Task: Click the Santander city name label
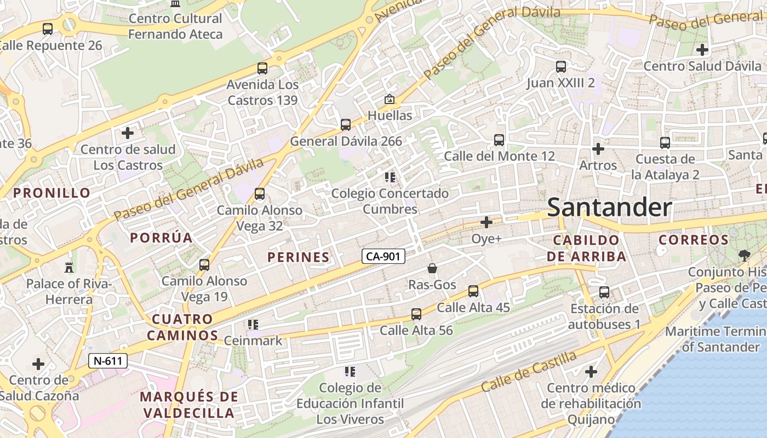[x=609, y=208]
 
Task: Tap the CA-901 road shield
[x=383, y=256]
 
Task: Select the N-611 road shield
[x=108, y=361]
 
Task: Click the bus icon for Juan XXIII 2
[x=561, y=67]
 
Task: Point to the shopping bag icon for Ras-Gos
[x=432, y=268]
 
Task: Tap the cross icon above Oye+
[x=486, y=222]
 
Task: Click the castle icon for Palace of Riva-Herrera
[x=69, y=267]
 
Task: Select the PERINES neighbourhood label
[x=299, y=257]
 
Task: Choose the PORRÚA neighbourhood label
[x=161, y=238]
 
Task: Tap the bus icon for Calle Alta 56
[x=416, y=314]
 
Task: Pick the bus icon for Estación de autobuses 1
[x=604, y=292]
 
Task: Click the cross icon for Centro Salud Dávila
[x=702, y=50]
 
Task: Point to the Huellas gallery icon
[x=390, y=99]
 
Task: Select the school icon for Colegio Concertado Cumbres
[x=390, y=177]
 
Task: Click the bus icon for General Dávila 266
[x=346, y=124]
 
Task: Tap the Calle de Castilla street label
[x=529, y=371]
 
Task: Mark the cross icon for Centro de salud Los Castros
[x=128, y=132]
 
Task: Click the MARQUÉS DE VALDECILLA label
[x=189, y=405]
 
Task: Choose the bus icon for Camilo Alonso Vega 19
[x=204, y=265]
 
